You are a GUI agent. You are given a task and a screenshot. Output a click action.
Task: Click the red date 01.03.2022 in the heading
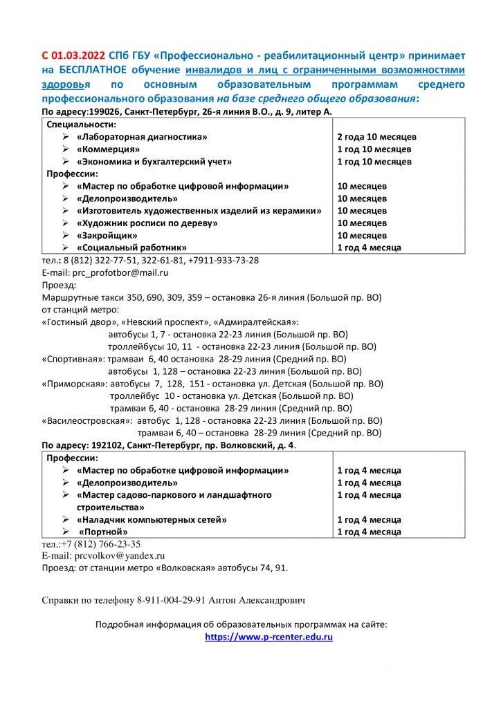click(79, 55)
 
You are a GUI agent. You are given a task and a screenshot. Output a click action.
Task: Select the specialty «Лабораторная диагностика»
click(142, 137)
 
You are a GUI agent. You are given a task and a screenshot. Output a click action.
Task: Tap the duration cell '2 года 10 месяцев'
click(376, 137)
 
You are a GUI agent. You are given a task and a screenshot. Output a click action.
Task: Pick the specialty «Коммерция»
click(109, 149)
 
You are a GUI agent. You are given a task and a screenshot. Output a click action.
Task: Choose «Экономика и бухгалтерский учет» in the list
click(154, 162)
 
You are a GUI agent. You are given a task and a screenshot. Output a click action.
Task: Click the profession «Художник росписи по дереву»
click(147, 223)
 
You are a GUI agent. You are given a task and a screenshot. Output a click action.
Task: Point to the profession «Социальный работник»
click(131, 248)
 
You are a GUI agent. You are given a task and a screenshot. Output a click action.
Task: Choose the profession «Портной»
click(103, 532)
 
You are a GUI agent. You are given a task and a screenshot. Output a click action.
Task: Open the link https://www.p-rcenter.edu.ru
click(268, 637)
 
